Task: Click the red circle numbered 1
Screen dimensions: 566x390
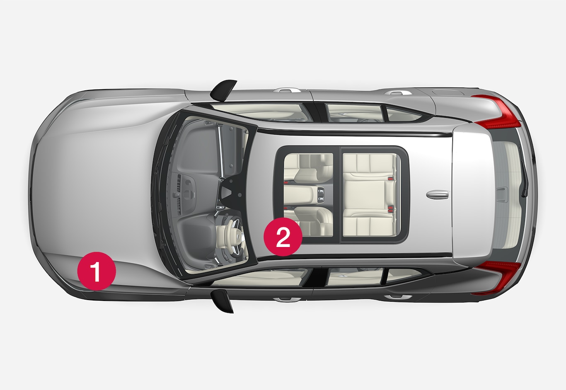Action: [97, 271]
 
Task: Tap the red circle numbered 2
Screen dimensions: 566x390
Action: [283, 237]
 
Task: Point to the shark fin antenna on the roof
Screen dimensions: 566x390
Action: [438, 194]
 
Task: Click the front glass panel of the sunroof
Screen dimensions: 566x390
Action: [308, 195]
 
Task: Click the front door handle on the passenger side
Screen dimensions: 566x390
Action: [287, 90]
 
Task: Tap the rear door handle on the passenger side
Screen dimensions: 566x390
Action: [398, 93]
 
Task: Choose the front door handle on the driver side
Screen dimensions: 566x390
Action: [287, 300]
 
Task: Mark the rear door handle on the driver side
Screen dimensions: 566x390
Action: [398, 297]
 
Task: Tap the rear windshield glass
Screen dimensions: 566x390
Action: [507, 195]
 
